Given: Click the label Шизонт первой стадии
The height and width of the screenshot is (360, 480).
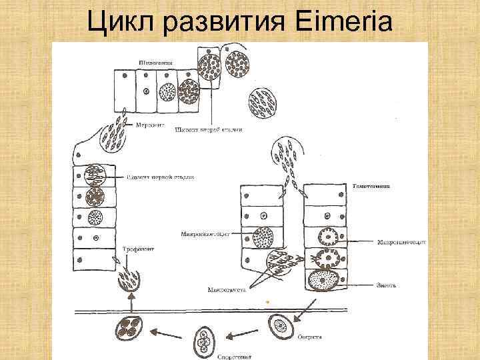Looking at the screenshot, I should (160, 177).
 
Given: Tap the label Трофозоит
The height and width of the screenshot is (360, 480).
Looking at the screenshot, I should (138, 249).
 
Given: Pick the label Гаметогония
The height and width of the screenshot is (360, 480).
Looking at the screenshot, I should (371, 186).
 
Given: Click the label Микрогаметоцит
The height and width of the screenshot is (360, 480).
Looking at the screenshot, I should (205, 234).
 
